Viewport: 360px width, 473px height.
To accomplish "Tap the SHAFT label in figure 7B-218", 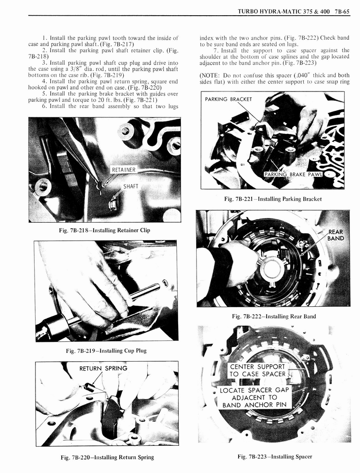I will click(131, 187).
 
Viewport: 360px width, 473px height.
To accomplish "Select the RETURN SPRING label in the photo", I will click(103, 368).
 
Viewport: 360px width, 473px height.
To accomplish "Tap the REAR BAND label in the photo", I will click(336, 235).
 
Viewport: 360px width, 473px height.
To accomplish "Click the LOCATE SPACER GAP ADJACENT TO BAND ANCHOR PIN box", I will click(255, 397).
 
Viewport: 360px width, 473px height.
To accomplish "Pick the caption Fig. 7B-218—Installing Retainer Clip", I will click(105, 230).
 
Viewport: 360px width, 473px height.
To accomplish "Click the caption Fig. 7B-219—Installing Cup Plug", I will click(106, 351).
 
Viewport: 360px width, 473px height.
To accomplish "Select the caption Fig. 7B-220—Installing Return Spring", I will click(107, 457).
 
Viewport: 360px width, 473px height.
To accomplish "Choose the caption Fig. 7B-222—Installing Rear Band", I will click(274, 316).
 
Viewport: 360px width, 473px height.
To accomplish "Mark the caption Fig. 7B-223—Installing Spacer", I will click(275, 457).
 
